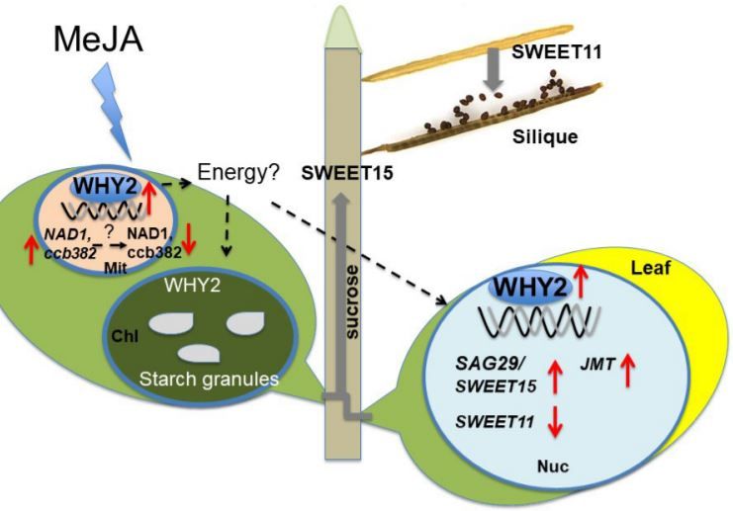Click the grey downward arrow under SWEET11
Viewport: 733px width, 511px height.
[x=487, y=75]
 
